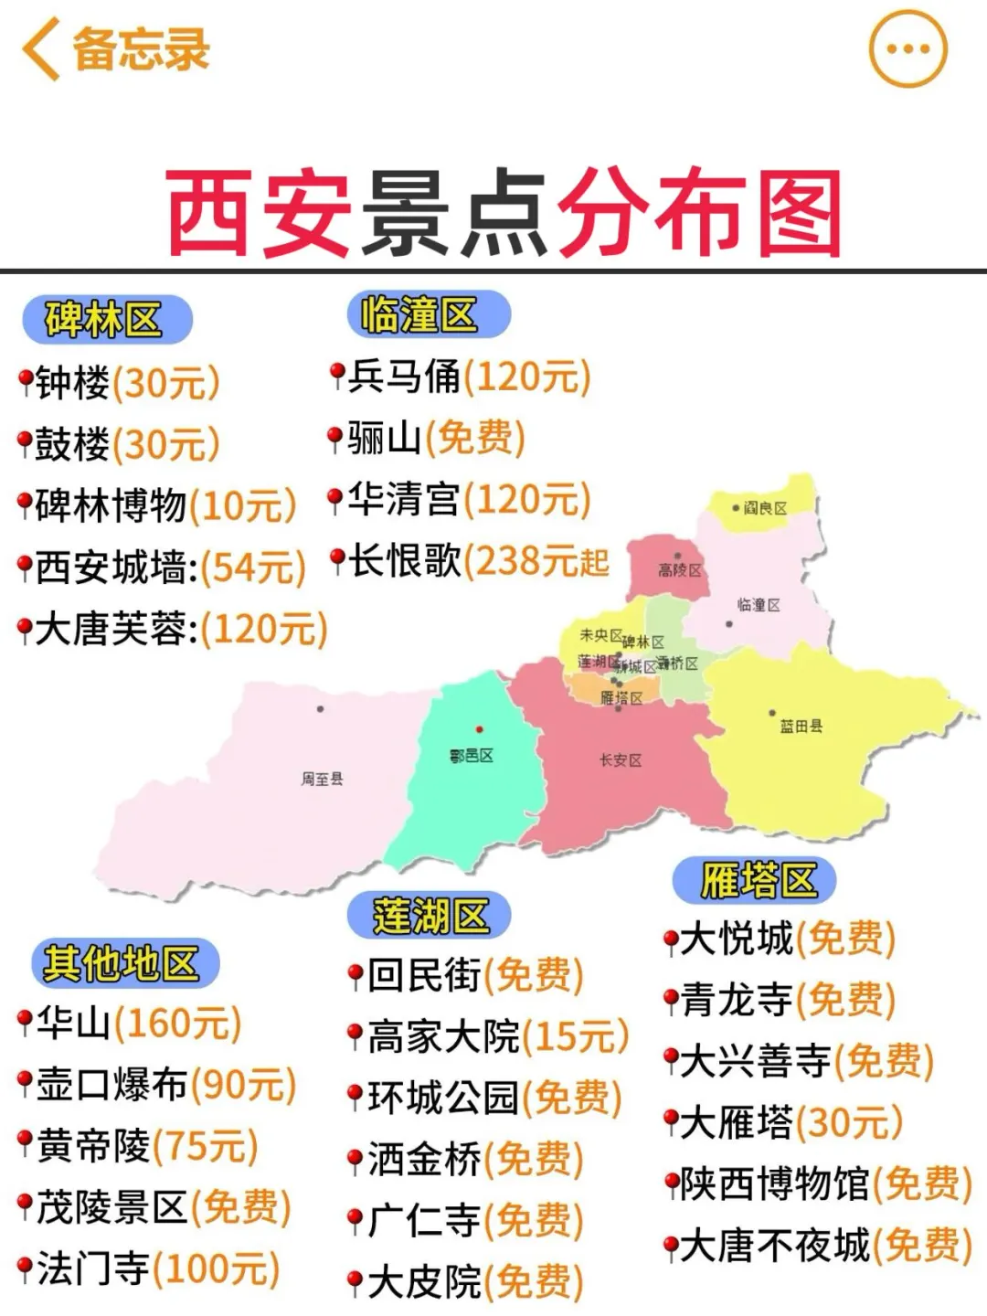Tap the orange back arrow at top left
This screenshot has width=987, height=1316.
(41, 49)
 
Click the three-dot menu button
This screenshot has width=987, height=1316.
(907, 49)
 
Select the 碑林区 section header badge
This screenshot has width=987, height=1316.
(106, 320)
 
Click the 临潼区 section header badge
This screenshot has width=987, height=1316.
(428, 315)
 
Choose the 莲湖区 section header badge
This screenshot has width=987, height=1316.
(428, 915)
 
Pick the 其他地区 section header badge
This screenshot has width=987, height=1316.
(124, 963)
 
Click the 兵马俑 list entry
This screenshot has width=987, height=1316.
(402, 377)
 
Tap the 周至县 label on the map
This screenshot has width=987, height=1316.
(322, 779)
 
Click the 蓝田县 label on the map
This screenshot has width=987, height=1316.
(801, 727)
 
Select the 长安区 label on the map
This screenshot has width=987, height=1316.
(621, 760)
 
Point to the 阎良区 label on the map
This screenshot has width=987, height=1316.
(765, 508)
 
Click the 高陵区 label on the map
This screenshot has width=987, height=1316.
(679, 570)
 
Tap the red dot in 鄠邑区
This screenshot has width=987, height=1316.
(479, 729)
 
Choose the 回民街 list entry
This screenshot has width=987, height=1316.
(424, 975)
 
